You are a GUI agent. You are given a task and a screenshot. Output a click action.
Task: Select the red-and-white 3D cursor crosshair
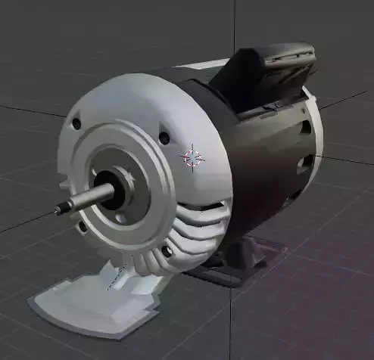coord(193,157)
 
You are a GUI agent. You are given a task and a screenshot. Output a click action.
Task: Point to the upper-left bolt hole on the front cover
coord(76,123)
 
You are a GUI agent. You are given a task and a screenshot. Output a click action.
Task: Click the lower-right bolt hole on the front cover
coord(167,250)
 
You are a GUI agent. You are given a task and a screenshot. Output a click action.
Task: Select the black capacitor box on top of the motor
coord(265,72)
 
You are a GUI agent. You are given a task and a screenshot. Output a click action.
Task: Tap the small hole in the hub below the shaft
coord(121,220)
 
